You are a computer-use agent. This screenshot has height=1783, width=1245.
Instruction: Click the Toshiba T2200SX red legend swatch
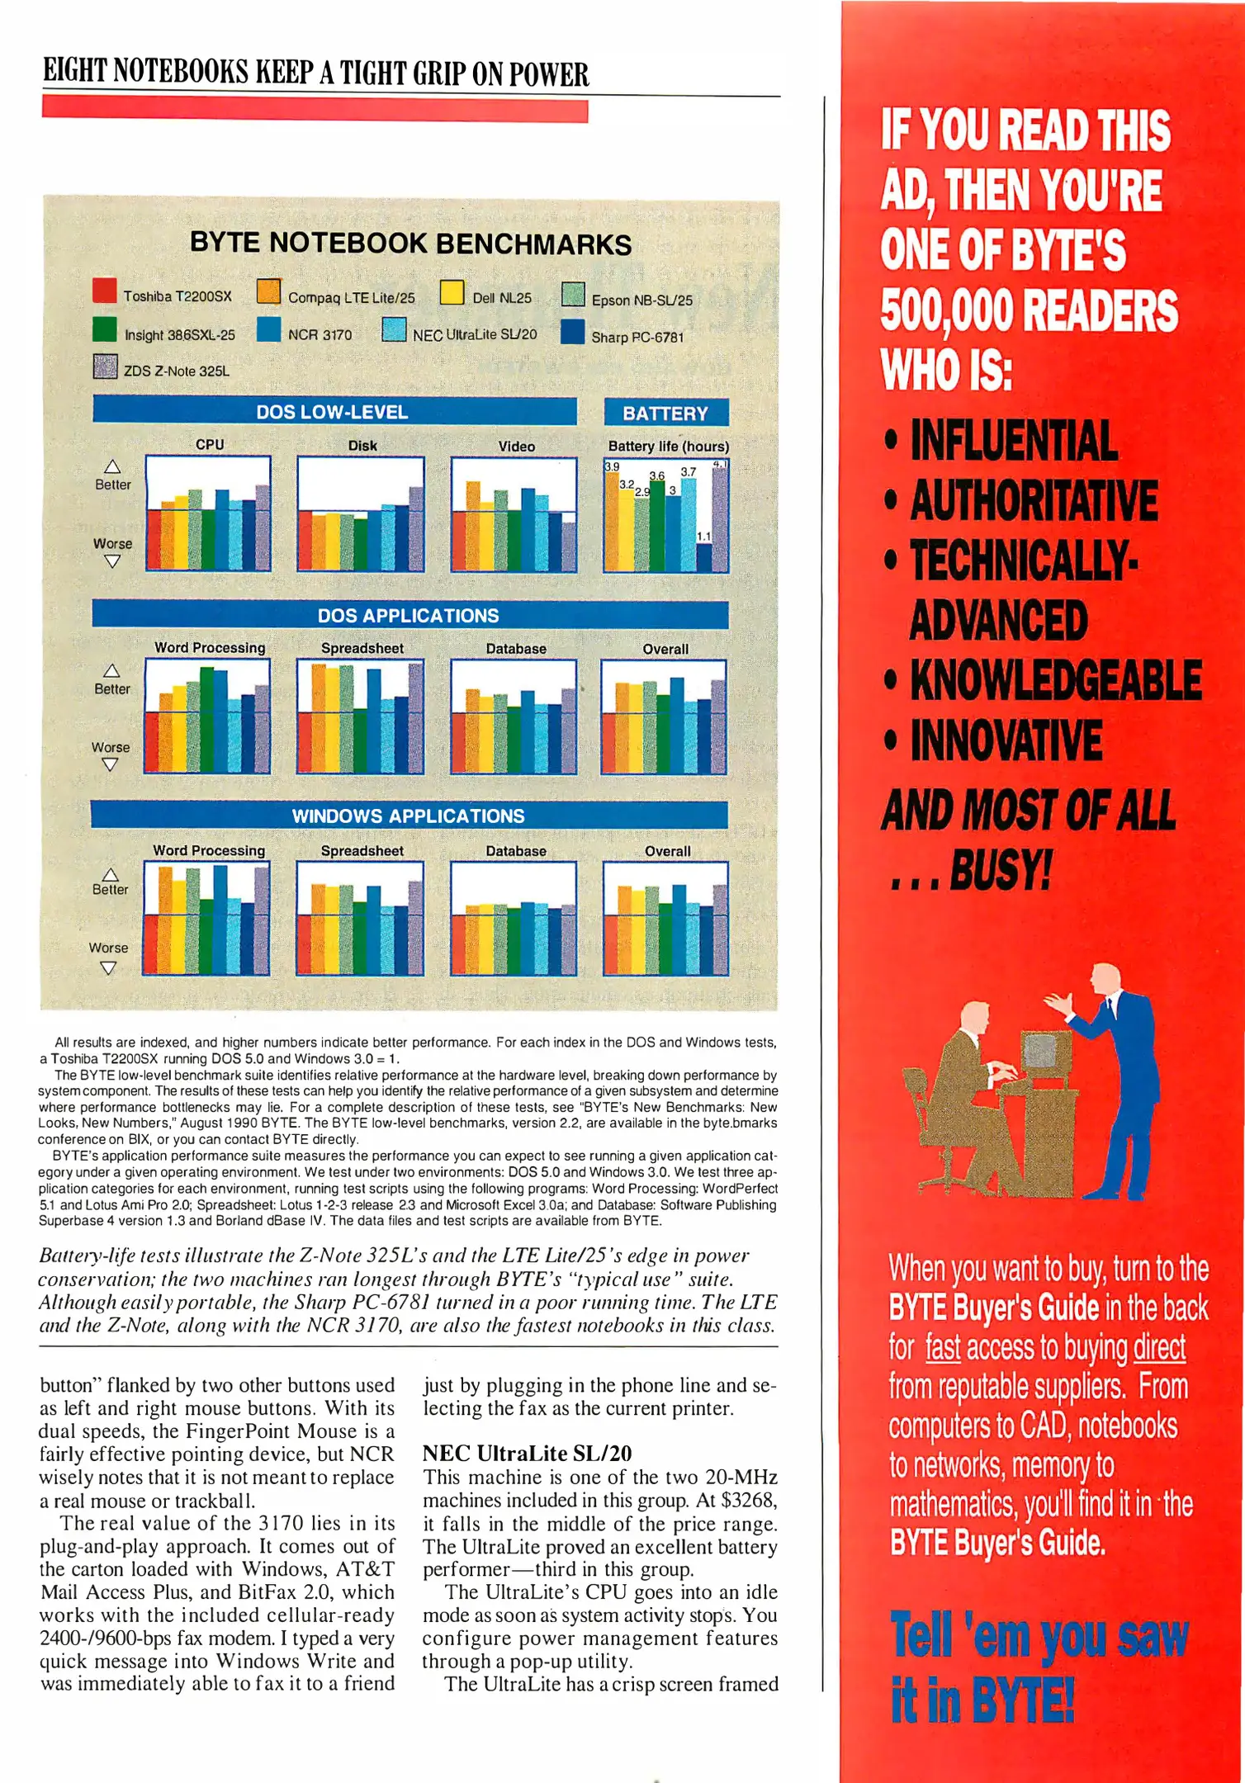tap(105, 291)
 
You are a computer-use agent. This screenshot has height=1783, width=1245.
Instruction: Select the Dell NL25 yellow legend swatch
tap(452, 292)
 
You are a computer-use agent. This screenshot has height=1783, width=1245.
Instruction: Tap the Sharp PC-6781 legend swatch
tap(572, 332)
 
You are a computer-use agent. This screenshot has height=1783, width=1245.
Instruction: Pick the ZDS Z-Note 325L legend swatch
tap(106, 367)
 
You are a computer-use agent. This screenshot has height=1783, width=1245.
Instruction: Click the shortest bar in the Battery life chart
tap(703, 556)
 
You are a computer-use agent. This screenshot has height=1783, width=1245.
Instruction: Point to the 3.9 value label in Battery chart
tap(612, 467)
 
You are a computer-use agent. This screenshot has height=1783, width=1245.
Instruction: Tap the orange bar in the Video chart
tap(473, 525)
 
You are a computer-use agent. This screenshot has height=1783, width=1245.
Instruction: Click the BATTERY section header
tap(665, 413)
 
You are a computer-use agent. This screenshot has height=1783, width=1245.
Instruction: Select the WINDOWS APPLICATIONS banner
tap(409, 816)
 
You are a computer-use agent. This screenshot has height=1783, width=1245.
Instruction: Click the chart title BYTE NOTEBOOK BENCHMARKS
tap(410, 244)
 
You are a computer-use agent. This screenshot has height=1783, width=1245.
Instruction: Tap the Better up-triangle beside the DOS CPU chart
tap(112, 467)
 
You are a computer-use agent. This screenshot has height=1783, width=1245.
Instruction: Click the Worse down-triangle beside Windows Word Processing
tap(108, 967)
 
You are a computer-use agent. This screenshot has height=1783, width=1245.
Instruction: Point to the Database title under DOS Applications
tap(516, 649)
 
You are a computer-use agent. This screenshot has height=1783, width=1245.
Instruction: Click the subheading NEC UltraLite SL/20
tap(527, 1454)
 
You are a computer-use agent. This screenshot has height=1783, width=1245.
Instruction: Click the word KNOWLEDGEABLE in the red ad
tap(1056, 681)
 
